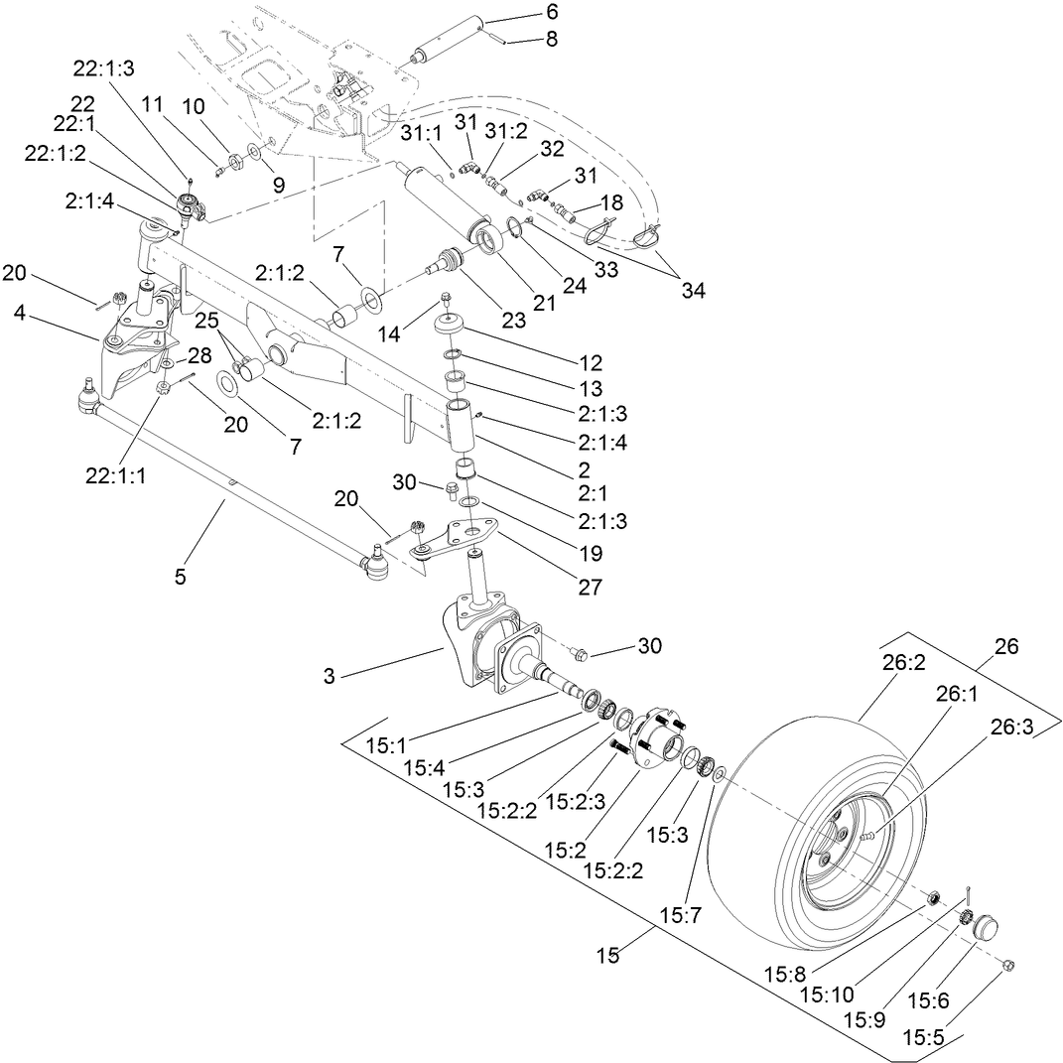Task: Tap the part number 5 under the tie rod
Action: point(180,575)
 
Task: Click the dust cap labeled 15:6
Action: point(984,927)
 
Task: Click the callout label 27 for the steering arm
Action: point(590,587)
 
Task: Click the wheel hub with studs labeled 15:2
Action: point(655,736)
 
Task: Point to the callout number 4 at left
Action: point(19,312)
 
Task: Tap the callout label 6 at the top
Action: point(551,12)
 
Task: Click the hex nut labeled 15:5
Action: point(1007,964)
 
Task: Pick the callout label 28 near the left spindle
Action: point(199,354)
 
